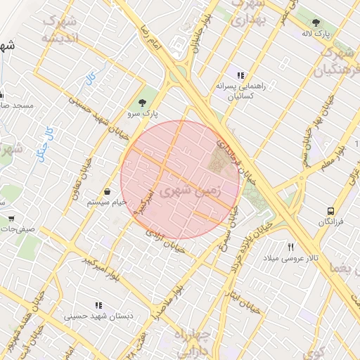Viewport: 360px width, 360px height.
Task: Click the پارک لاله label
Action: tap(316, 33)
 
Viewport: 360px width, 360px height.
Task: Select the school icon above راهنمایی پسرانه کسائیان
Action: tap(240, 75)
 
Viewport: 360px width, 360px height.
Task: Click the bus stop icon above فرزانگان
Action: tap(330, 211)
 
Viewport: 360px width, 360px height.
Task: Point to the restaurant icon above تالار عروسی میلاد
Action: tap(291, 247)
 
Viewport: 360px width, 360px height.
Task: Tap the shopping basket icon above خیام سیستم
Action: tap(107, 191)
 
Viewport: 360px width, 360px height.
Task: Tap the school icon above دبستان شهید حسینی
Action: tap(98, 305)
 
